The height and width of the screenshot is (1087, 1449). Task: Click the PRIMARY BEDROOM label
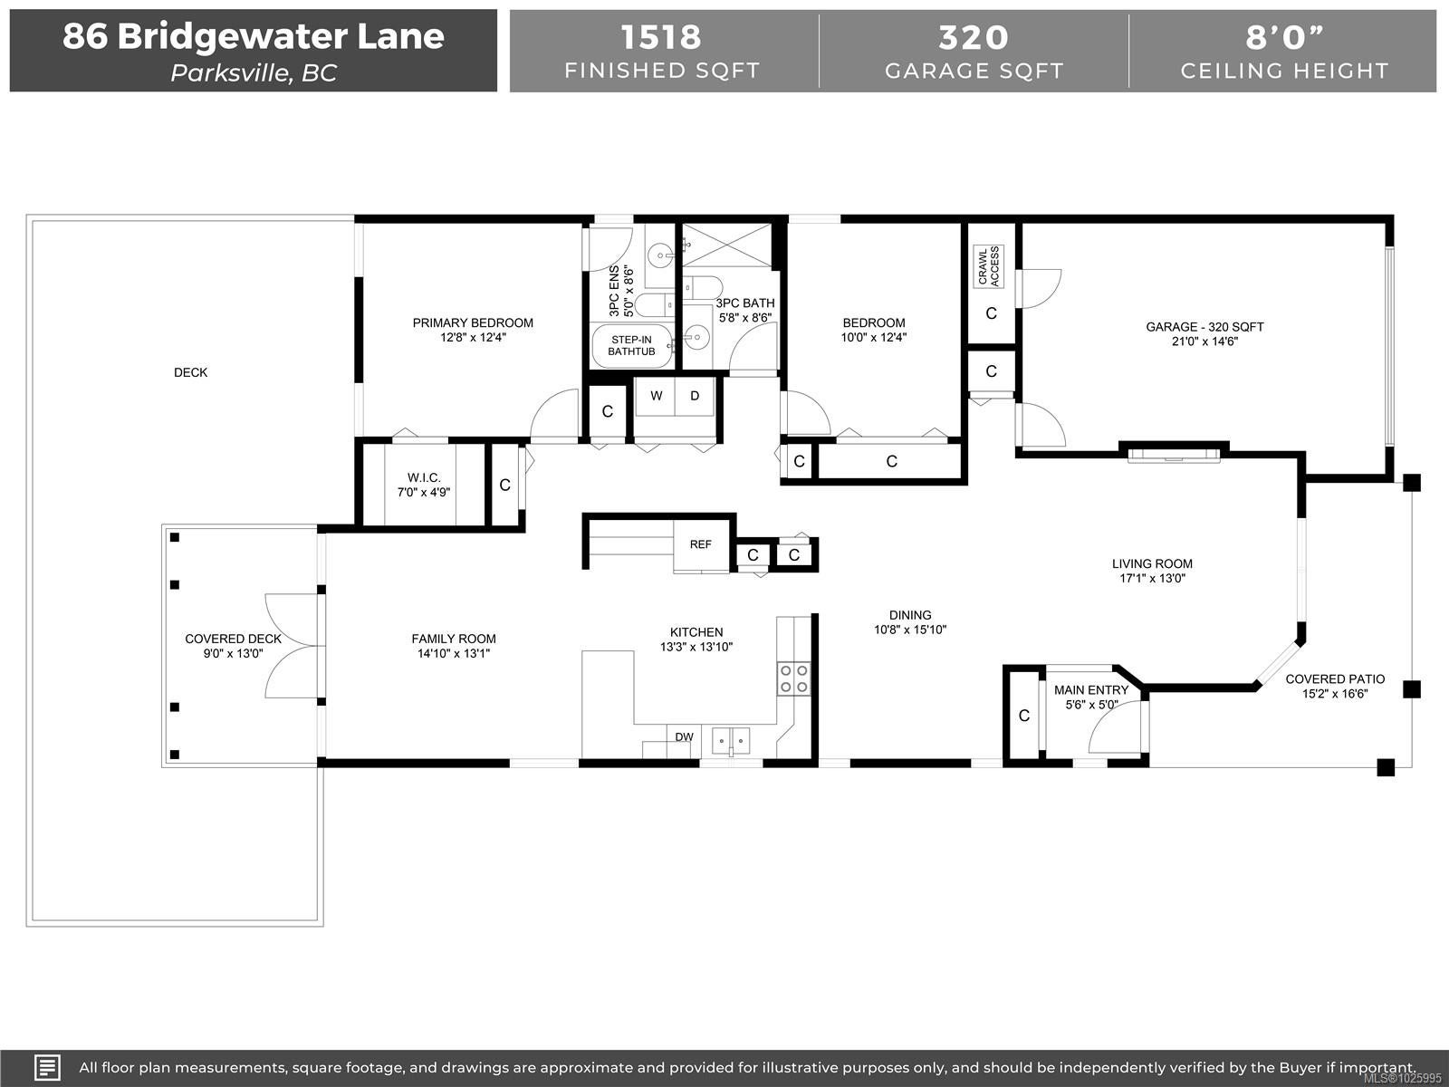473,322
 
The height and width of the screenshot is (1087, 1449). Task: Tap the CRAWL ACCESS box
988,266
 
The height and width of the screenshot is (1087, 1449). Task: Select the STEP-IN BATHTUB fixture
632,346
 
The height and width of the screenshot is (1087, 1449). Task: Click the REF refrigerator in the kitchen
701,544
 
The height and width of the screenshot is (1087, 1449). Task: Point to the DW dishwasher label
684,737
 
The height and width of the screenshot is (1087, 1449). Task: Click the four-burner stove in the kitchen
793,678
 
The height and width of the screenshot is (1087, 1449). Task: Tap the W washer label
657,396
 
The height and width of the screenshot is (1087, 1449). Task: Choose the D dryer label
695,396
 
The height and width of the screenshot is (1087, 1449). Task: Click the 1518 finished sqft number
661,37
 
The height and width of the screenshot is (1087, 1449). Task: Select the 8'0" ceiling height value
1284,37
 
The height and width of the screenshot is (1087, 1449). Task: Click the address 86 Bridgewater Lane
254,36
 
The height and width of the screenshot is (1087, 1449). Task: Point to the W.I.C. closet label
424,477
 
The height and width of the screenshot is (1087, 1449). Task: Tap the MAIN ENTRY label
1091,690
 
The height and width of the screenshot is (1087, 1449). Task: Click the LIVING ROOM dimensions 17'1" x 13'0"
1153,579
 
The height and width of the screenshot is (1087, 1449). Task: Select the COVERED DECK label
233,639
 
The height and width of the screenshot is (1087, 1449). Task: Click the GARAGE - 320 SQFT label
1204,327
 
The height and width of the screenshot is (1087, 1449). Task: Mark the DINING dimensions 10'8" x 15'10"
910,630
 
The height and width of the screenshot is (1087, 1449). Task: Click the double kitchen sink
731,740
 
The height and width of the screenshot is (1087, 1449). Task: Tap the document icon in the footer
47,1067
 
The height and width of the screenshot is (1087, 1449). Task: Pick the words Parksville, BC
254,73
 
